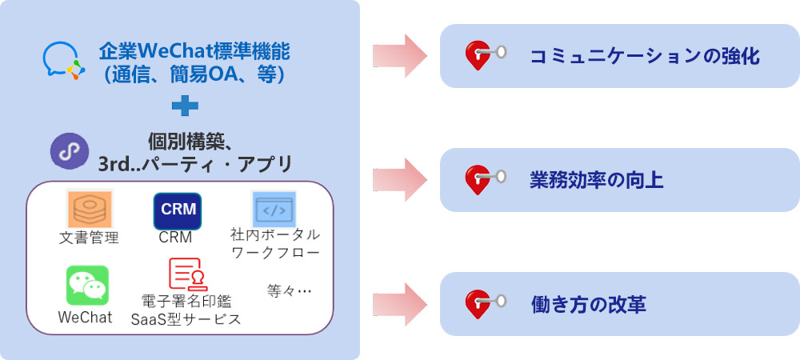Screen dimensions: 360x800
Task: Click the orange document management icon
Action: pyautogui.click(x=89, y=210)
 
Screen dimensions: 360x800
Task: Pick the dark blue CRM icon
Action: pyautogui.click(x=177, y=211)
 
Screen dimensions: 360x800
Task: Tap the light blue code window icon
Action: pyautogui.click(x=274, y=210)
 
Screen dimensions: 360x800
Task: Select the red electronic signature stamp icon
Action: pyautogui.click(x=186, y=276)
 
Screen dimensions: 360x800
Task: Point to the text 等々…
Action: pyautogui.click(x=289, y=291)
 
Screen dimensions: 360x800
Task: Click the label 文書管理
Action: pyautogui.click(x=89, y=238)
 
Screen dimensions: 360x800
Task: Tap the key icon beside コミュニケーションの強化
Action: pyautogui.click(x=484, y=56)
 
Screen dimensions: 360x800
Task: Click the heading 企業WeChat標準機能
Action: pyautogui.click(x=194, y=53)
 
